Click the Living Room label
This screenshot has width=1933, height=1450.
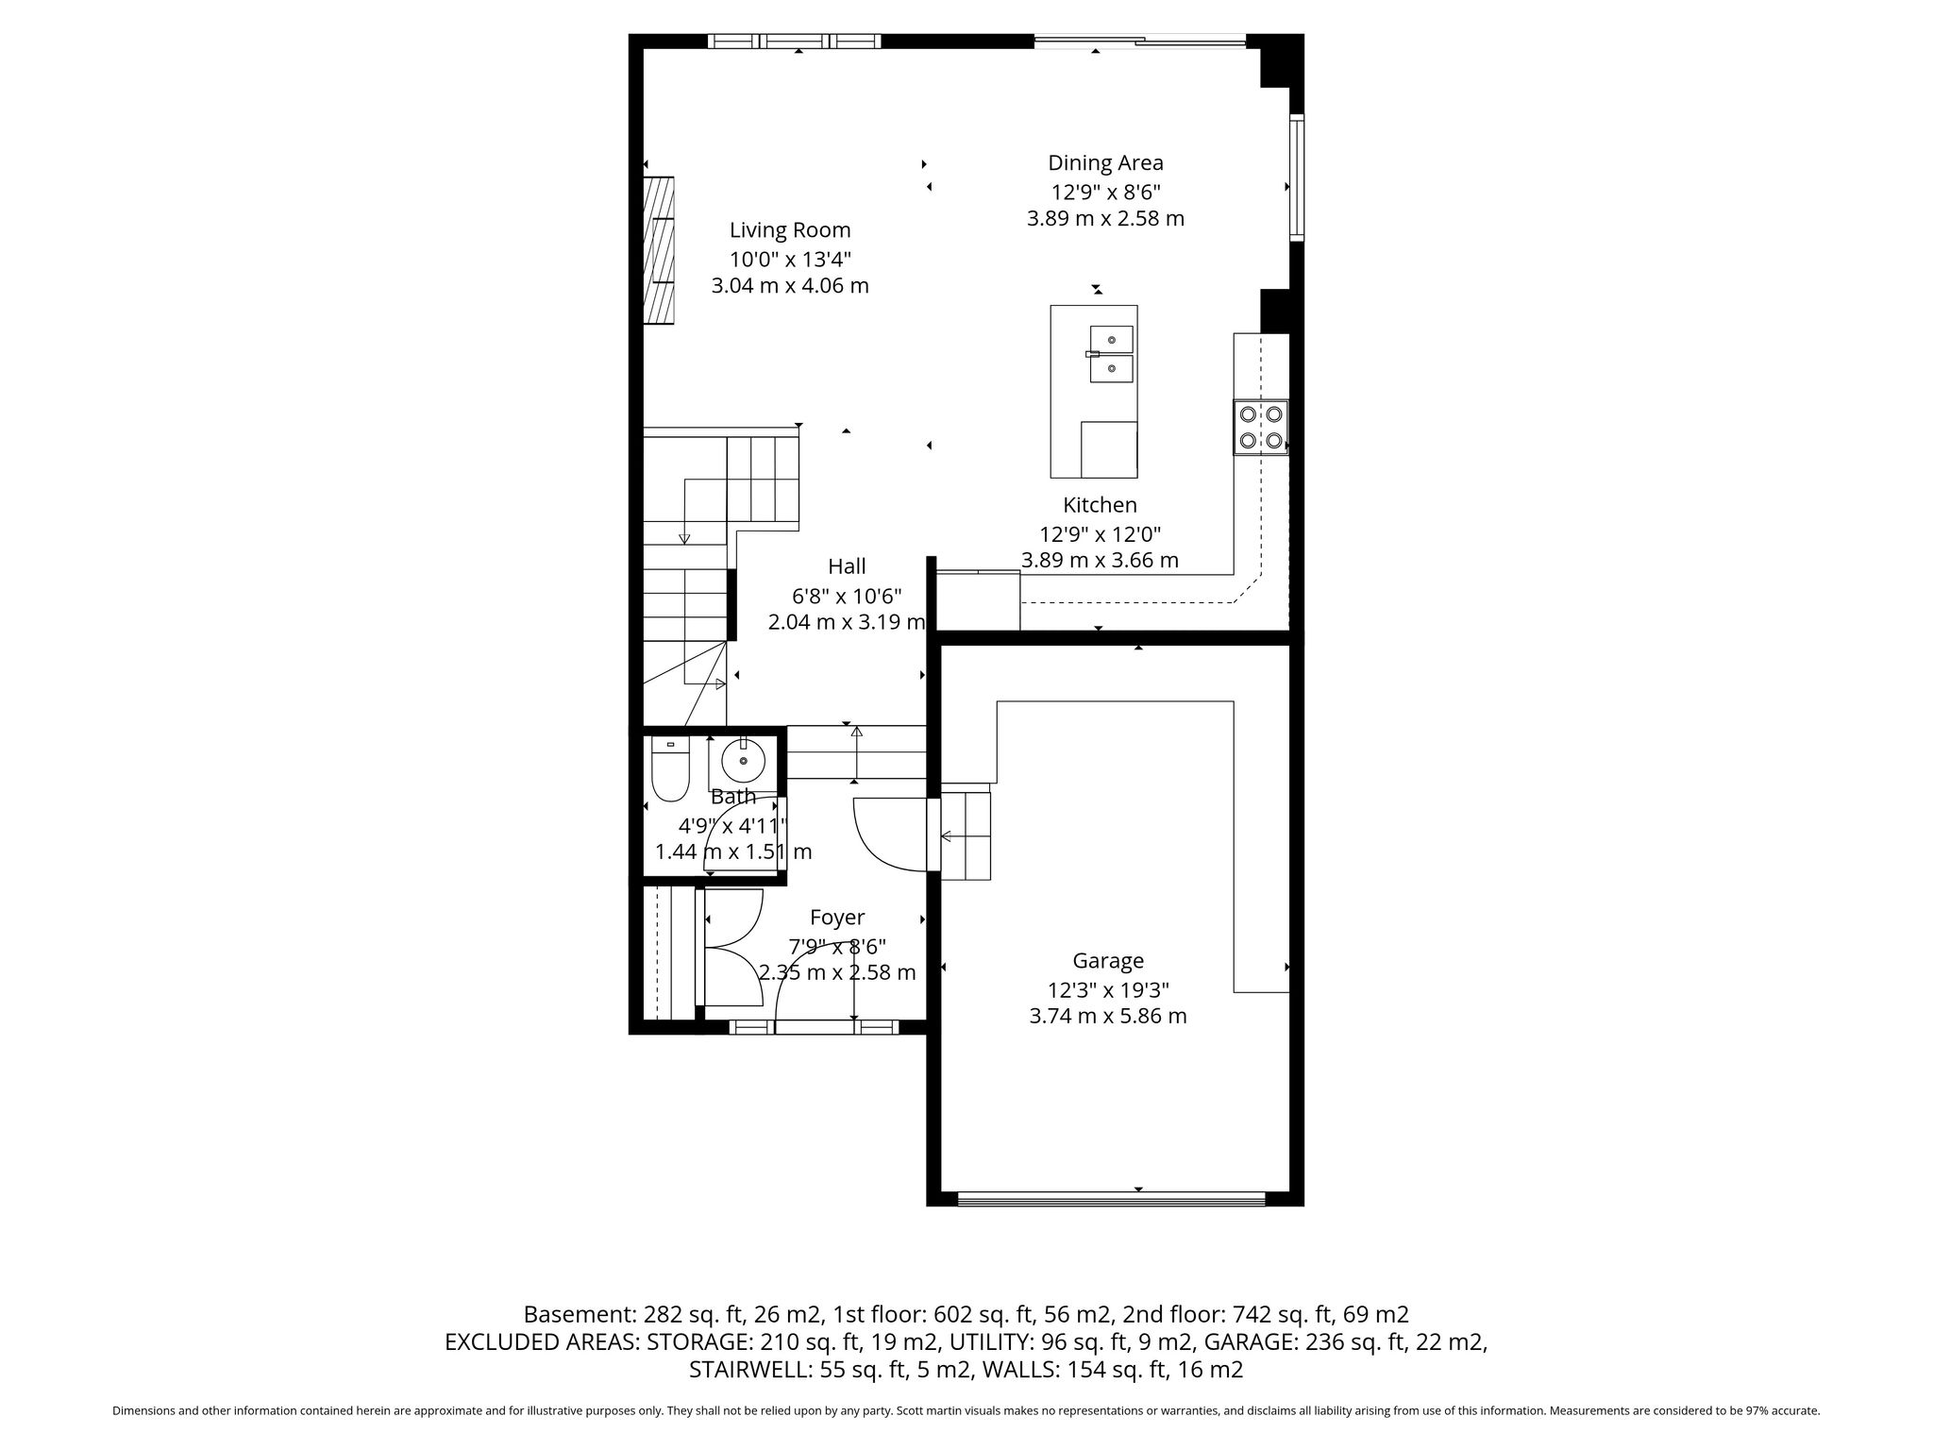tap(790, 230)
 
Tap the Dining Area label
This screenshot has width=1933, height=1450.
tap(1105, 163)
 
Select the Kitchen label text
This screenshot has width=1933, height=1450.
tap(1100, 505)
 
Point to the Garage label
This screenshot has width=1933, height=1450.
tap(1108, 961)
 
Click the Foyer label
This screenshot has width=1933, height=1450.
tap(837, 918)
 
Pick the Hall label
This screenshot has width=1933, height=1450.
tap(847, 566)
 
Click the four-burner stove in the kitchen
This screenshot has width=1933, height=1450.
tap(1260, 428)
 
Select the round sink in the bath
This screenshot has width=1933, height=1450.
tap(744, 760)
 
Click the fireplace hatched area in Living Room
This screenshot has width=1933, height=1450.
tap(659, 250)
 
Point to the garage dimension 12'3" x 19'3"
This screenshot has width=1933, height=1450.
tap(1108, 990)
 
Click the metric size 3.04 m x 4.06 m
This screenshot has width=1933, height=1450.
tap(790, 285)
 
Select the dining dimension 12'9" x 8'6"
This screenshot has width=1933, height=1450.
tap(1106, 192)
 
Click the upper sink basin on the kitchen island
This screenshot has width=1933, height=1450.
tap(1112, 339)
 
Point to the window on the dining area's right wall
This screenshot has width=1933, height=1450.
tap(1297, 177)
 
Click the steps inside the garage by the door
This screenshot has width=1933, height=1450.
tap(966, 835)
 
